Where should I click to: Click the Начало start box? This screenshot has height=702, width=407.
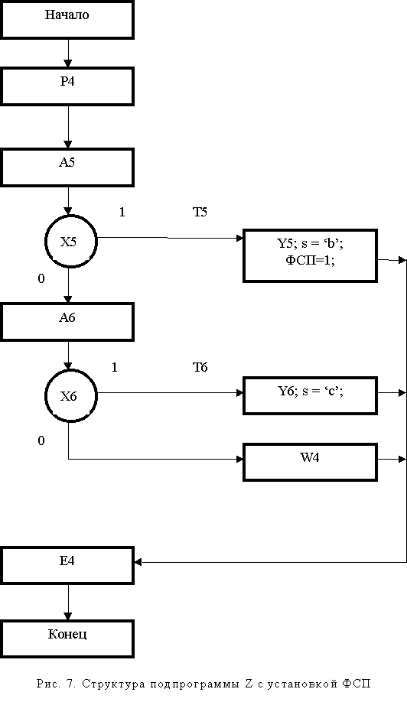point(67,20)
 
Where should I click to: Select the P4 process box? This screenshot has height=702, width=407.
point(67,86)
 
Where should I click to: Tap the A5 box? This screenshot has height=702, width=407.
point(67,167)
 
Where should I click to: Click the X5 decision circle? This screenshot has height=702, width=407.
point(70,242)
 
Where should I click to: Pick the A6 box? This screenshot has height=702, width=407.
point(67,322)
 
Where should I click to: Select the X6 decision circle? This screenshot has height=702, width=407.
point(70,396)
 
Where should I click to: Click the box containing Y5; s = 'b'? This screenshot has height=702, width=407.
point(311,255)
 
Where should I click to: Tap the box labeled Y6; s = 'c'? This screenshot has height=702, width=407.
point(311,396)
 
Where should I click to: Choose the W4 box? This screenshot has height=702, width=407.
point(311,463)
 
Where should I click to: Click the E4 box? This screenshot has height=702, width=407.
point(67,565)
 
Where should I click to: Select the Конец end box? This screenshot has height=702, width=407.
point(67,639)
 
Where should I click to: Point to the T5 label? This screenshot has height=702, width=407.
point(200,213)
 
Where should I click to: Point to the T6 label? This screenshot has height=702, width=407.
point(200,368)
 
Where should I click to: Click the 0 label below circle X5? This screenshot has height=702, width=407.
point(41,279)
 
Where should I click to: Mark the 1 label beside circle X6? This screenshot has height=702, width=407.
point(115,368)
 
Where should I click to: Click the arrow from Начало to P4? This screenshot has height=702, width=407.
point(68,54)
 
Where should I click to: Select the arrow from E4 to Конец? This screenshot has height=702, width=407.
point(68,602)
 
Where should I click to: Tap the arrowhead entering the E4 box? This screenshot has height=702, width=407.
point(138,562)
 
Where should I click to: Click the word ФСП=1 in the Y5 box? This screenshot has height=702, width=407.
point(311,261)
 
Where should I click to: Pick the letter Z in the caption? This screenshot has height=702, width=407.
point(249,684)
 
